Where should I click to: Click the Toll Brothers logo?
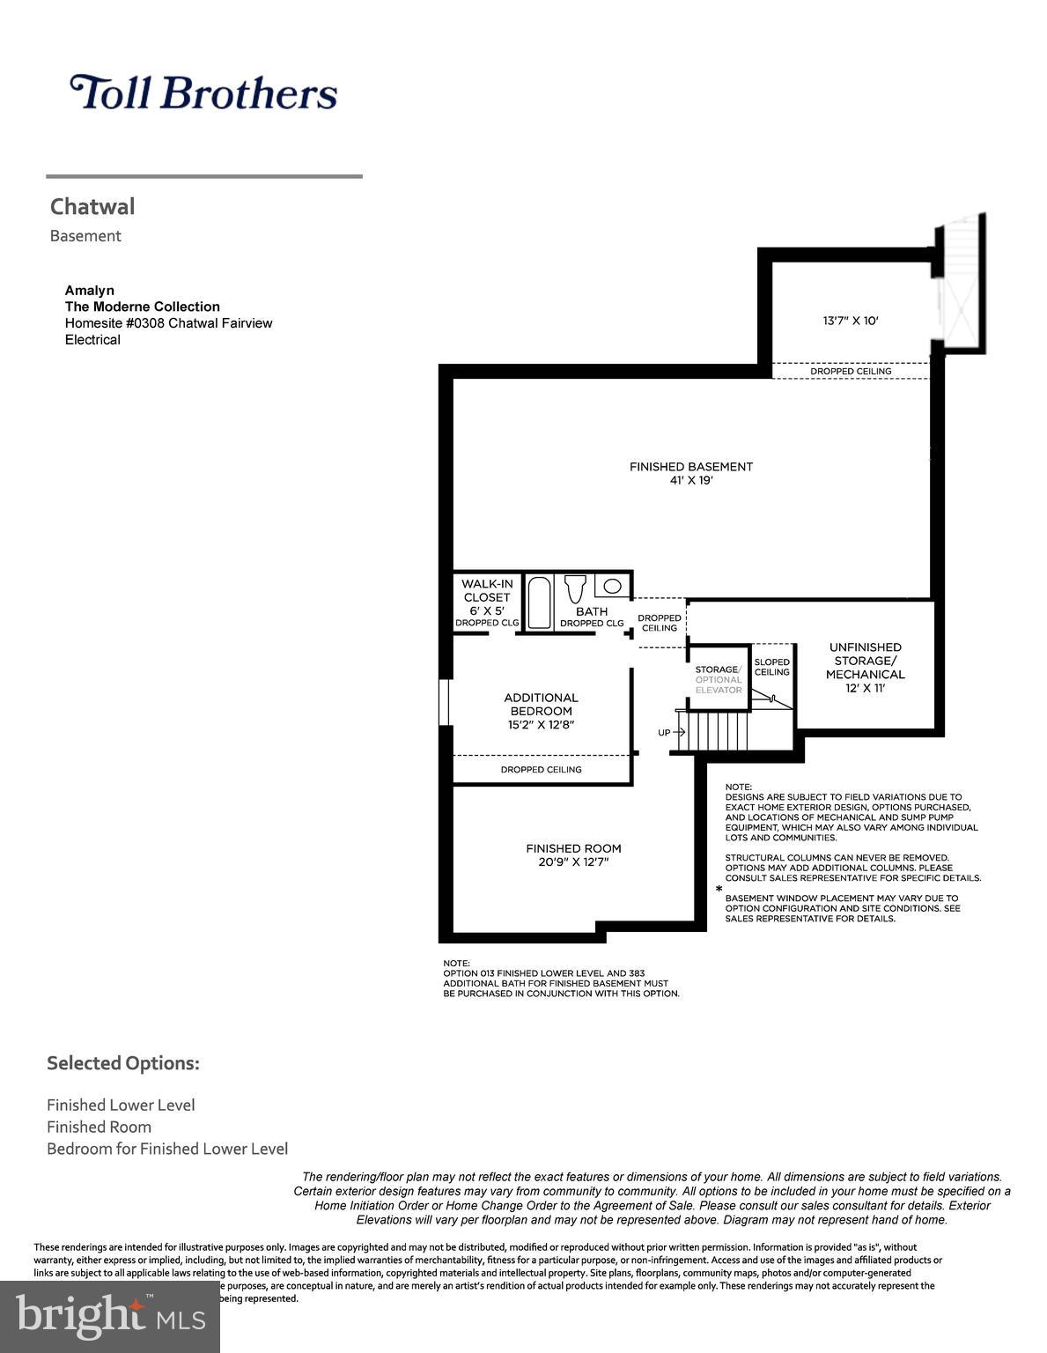pyautogui.click(x=203, y=92)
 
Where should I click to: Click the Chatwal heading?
pyautogui.click(x=92, y=207)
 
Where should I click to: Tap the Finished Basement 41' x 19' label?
pyautogui.click(x=690, y=473)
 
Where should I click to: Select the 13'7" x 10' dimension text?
pyautogui.click(x=850, y=322)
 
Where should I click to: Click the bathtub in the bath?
pyautogui.click(x=539, y=603)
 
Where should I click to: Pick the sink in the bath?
pyautogui.click(x=612, y=586)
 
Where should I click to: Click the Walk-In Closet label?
pyautogui.click(x=487, y=597)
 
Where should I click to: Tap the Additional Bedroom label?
pyautogui.click(x=541, y=711)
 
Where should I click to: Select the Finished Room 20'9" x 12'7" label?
pyautogui.click(x=573, y=855)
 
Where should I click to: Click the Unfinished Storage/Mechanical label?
pyautogui.click(x=865, y=667)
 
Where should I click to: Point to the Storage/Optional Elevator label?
pyautogui.click(x=718, y=679)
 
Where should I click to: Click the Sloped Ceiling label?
pyautogui.click(x=772, y=667)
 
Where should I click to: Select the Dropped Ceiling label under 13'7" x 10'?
pyautogui.click(x=851, y=372)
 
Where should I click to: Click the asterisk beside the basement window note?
pyautogui.click(x=719, y=891)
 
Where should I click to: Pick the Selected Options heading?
pyautogui.click(x=123, y=1063)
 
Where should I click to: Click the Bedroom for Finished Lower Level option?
pyautogui.click(x=167, y=1149)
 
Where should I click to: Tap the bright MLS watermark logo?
pyautogui.click(x=110, y=1316)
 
